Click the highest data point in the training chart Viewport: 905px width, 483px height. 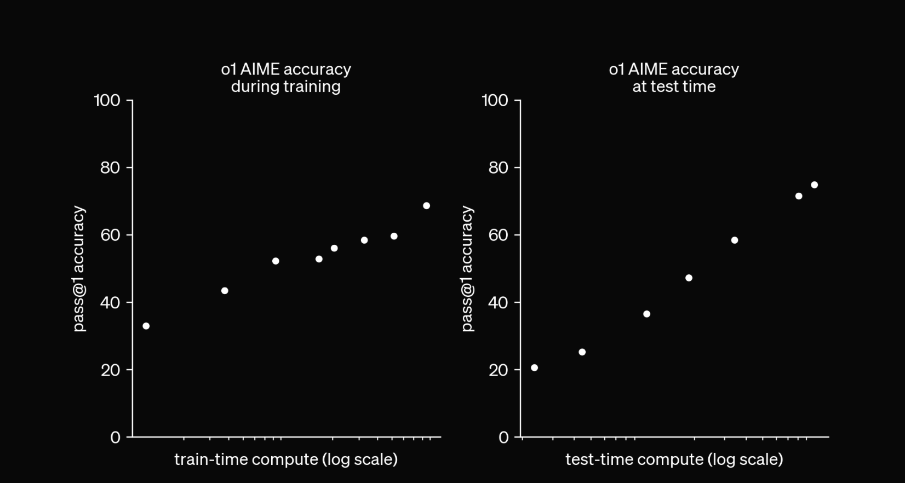(x=426, y=206)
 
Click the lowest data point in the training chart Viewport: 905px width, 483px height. (x=146, y=326)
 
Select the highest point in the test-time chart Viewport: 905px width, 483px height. (x=814, y=185)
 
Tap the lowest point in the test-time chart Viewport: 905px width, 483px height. (x=534, y=367)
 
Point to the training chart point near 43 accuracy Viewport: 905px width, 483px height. (x=225, y=291)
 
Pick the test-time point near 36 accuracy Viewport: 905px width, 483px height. (x=646, y=314)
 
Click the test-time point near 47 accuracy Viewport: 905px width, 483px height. (x=689, y=278)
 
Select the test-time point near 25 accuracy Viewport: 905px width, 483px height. (x=582, y=352)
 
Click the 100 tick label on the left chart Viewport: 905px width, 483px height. (x=107, y=100)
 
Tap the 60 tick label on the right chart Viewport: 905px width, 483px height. (x=498, y=235)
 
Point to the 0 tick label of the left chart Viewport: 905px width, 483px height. (x=115, y=437)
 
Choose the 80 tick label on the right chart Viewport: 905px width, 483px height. (x=498, y=168)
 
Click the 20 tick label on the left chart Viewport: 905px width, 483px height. (x=110, y=370)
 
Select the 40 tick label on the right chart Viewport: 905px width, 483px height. (x=498, y=302)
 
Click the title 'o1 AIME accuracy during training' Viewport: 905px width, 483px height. (x=286, y=78)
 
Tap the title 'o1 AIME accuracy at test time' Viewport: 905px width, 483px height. (x=674, y=78)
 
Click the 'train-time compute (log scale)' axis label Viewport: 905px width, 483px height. (x=286, y=459)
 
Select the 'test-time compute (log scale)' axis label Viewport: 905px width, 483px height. (x=674, y=459)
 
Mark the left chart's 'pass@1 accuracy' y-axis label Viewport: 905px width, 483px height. (x=79, y=268)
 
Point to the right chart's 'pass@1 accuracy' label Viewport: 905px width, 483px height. (x=467, y=268)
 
